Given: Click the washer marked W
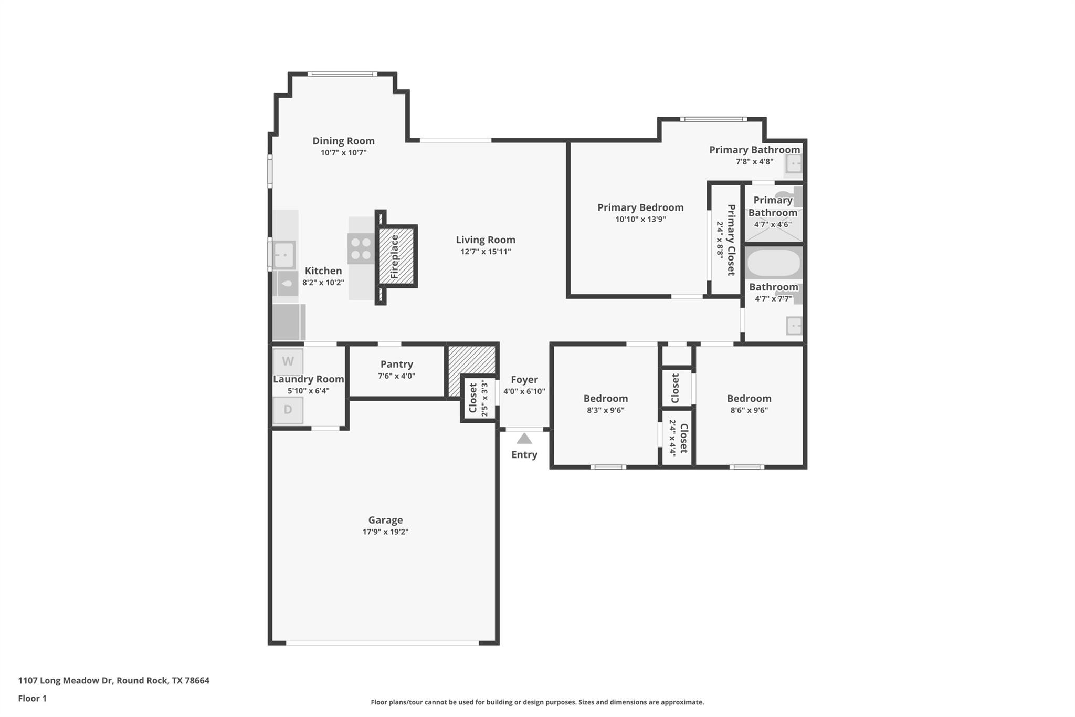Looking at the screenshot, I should click(288, 361).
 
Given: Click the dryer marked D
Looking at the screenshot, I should click(288, 410).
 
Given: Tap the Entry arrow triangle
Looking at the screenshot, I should click(524, 439).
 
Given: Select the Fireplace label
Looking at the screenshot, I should click(395, 256).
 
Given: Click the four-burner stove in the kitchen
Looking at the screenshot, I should click(361, 249).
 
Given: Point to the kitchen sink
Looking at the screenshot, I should click(284, 255).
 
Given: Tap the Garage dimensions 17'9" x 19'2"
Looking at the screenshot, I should click(385, 532).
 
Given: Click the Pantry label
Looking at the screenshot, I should click(396, 364).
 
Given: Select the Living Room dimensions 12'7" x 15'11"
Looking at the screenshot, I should click(485, 252).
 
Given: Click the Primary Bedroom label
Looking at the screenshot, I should click(640, 207).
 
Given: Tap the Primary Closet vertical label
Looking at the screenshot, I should click(731, 240).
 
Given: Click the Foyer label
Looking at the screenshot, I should click(524, 379).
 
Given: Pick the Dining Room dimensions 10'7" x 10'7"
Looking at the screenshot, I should click(343, 153).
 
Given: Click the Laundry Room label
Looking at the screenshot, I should click(308, 379).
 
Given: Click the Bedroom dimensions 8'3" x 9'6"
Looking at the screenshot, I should click(605, 410).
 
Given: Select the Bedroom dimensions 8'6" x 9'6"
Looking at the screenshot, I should click(749, 410).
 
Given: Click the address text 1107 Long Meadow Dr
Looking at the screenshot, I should click(66, 680).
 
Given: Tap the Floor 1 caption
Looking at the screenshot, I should click(32, 698).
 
